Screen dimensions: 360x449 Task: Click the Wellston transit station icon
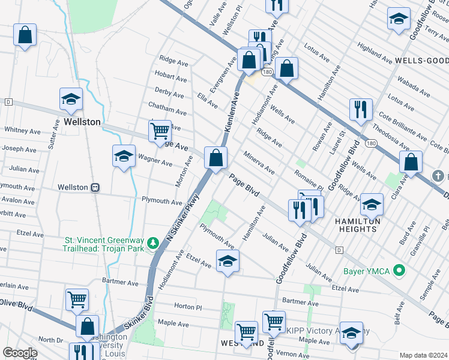(x=95, y=187)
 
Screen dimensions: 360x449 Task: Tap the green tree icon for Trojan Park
(x=154, y=243)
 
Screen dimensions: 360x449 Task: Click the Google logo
(x=20, y=353)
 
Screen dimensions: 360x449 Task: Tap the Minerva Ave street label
(x=259, y=163)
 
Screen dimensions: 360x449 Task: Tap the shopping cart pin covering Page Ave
(x=160, y=131)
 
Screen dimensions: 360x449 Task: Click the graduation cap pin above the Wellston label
(x=71, y=100)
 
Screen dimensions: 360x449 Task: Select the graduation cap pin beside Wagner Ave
(x=124, y=157)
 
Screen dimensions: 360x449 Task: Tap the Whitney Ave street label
(x=22, y=130)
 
